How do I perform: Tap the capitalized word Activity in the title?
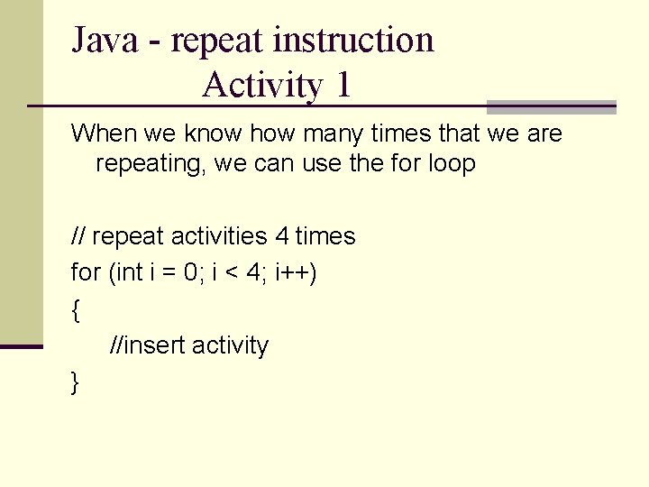[x=263, y=86]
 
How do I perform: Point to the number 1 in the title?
[x=343, y=86]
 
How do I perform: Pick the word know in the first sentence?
[x=215, y=134]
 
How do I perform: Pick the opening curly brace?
[x=75, y=311]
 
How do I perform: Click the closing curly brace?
[x=75, y=383]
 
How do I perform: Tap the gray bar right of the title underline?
[x=551, y=106]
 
